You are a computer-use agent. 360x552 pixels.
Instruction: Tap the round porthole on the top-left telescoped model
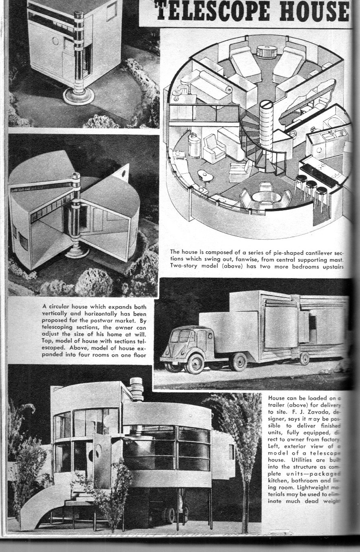click(x=56, y=41)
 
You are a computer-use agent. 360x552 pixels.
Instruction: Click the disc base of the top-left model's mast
click(x=78, y=95)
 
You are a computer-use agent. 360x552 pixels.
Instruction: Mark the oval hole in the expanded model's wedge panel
click(x=123, y=174)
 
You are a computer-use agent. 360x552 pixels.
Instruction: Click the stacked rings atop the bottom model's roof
click(x=137, y=389)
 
